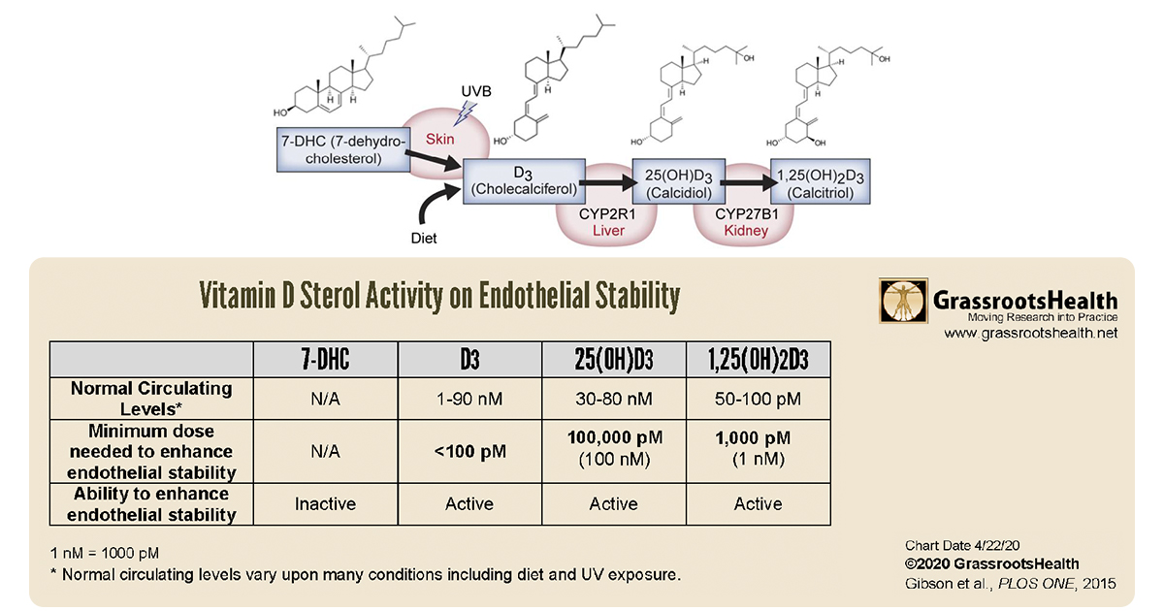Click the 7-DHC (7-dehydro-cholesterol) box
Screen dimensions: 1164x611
click(x=343, y=149)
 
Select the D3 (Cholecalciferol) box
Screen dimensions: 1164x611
click(x=524, y=181)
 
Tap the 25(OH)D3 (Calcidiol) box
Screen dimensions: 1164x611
click(x=679, y=181)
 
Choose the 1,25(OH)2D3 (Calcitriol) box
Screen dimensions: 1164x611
click(x=820, y=181)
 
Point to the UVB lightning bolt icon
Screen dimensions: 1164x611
click(x=465, y=113)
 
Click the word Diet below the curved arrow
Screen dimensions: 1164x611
click(x=424, y=238)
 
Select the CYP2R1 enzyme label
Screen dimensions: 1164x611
click(x=607, y=214)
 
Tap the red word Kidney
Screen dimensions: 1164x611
click(x=746, y=231)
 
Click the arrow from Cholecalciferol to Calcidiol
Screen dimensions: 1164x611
click(x=608, y=182)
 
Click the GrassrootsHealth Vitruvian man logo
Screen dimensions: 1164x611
click(x=903, y=301)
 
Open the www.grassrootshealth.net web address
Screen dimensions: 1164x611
click(x=1030, y=333)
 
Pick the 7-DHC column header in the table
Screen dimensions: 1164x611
click(x=325, y=360)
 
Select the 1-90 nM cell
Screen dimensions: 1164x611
click(x=469, y=399)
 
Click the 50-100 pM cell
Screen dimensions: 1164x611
click(x=759, y=399)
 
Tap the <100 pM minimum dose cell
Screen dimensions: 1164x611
click(x=469, y=452)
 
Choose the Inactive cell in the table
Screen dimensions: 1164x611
click(x=325, y=504)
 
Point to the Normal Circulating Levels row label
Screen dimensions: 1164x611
click(x=151, y=399)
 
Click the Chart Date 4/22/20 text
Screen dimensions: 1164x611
click(x=962, y=545)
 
